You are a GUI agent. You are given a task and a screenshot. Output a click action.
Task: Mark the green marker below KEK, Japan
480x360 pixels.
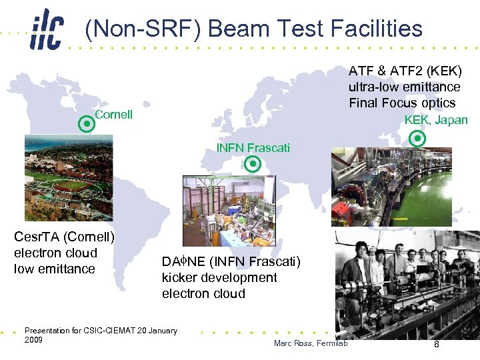417,139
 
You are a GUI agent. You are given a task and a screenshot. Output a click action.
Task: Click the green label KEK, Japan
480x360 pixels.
436,120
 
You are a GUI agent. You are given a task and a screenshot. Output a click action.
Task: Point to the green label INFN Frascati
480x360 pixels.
253,148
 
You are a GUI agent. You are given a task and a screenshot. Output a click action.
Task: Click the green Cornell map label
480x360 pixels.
114,115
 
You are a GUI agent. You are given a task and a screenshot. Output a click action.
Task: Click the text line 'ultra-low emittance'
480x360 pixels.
404,87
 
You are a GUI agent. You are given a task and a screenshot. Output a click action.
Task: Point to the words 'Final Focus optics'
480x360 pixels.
402,103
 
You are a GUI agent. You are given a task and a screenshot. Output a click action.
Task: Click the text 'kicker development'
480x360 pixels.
219,277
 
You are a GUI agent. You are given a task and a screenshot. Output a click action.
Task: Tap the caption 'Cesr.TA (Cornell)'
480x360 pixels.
65,237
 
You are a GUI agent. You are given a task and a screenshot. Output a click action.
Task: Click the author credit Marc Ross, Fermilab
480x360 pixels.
315,343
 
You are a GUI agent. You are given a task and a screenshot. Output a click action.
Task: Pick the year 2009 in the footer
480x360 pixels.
33,340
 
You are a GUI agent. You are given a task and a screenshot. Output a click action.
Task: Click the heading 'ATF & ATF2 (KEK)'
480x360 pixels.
405,71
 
